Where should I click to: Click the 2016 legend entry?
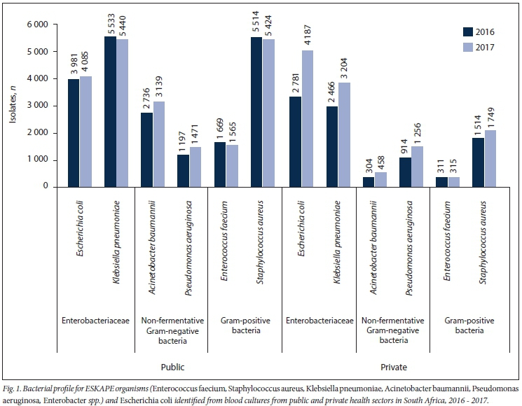point(479,31)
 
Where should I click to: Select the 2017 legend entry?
point(479,47)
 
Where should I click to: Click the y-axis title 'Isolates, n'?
point(12,105)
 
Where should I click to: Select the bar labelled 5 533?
point(110,111)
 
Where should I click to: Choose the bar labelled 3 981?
point(74,132)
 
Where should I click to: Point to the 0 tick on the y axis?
point(44,187)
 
